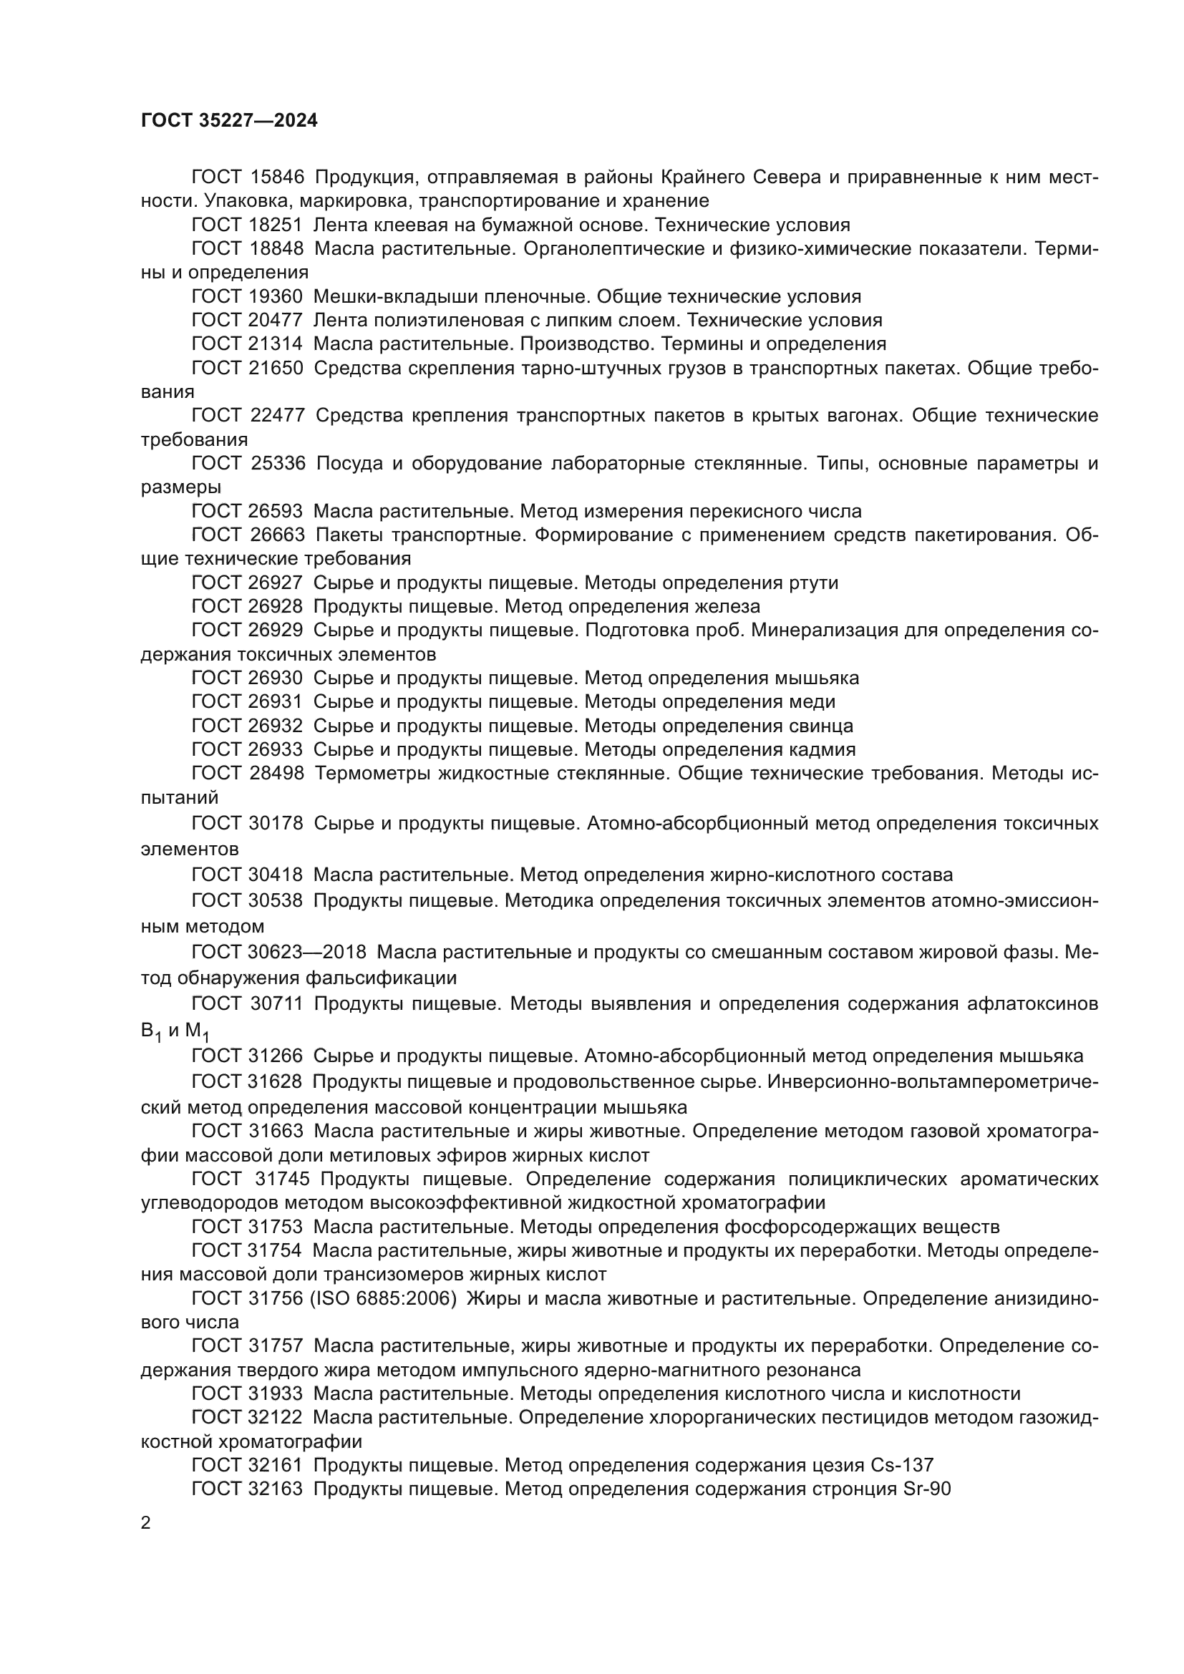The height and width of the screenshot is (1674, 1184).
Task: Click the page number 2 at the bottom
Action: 146,1523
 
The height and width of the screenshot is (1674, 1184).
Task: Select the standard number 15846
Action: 276,177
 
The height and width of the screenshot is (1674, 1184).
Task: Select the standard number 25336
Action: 277,464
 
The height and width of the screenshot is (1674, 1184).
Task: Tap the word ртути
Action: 814,583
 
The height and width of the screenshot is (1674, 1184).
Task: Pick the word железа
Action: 726,607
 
